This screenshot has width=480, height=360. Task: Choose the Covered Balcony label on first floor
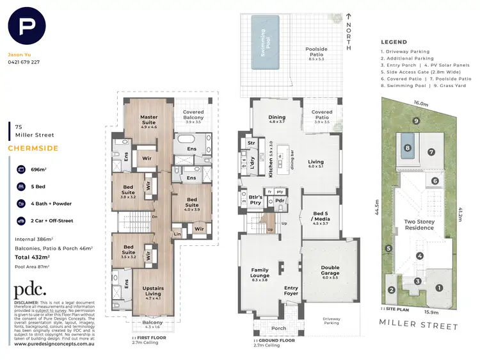click(x=193, y=116)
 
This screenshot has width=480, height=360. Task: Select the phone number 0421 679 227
click(x=24, y=62)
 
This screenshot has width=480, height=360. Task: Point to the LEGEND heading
click(x=394, y=42)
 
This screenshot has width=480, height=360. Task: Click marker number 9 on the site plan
click(x=415, y=120)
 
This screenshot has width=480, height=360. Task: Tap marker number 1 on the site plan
click(x=438, y=288)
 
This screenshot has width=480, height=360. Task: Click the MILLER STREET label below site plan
click(x=419, y=326)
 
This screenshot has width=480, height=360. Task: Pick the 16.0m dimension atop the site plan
click(x=420, y=102)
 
